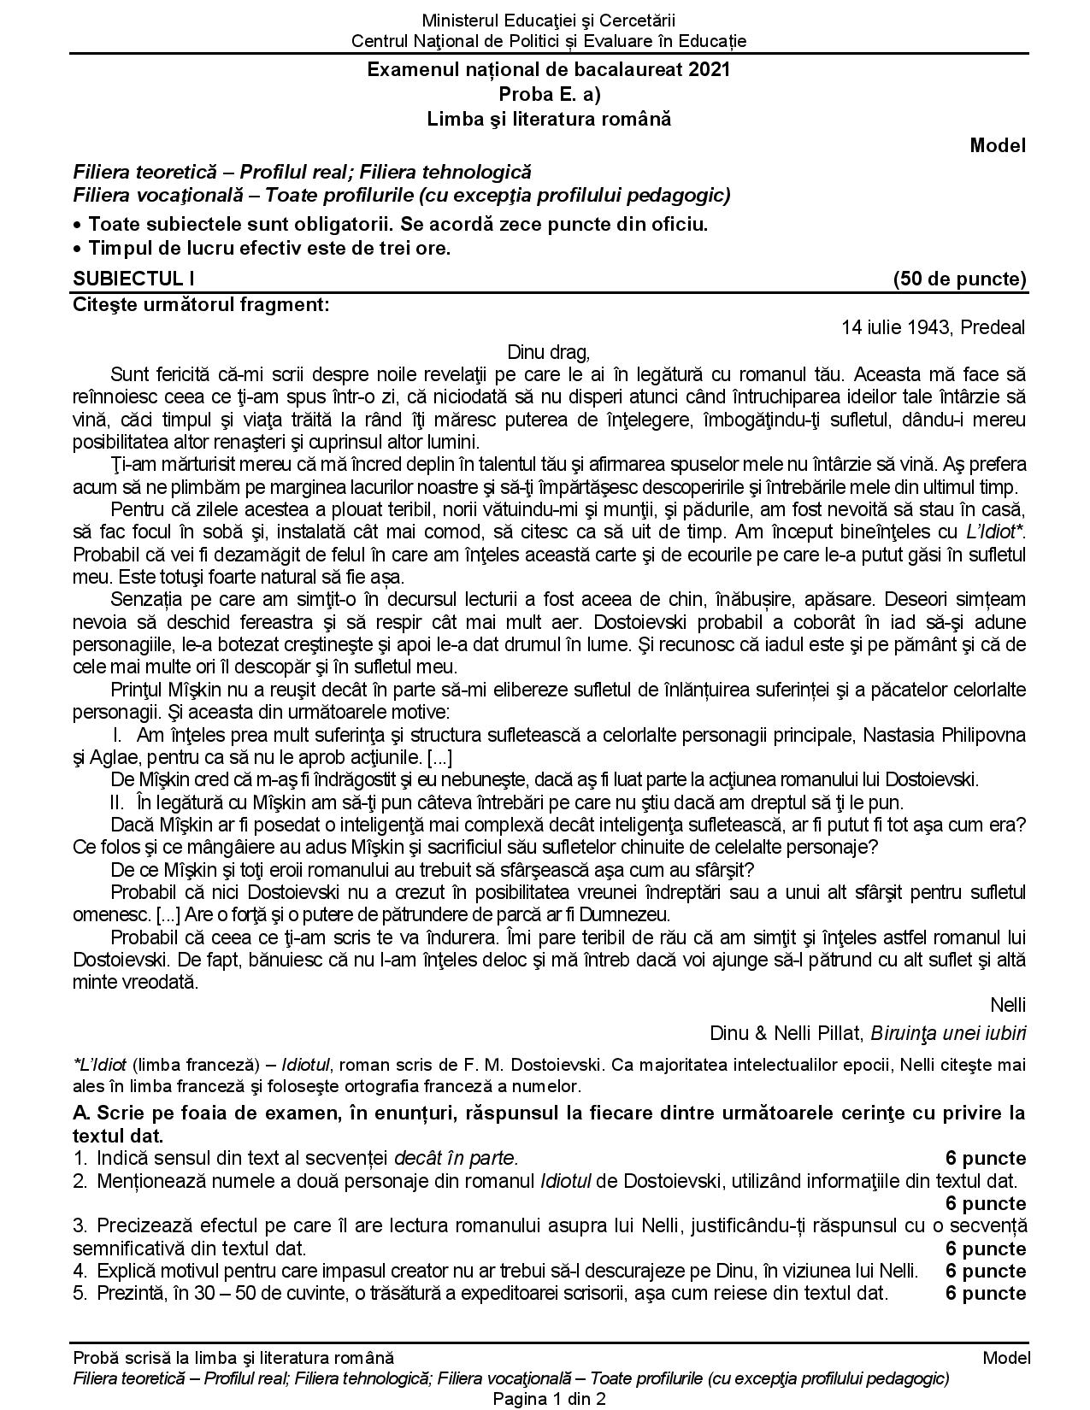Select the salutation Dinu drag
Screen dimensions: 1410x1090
pos(548,351)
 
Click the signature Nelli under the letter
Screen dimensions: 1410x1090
pos(1007,1004)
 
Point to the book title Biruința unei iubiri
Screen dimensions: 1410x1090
pos(948,1033)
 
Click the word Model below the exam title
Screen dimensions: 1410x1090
pos(997,145)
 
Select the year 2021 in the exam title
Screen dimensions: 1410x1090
pos(710,70)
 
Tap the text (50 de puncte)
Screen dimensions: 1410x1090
pos(958,279)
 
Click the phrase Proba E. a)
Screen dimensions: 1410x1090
pos(549,94)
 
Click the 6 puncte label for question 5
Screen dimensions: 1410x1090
pos(985,1293)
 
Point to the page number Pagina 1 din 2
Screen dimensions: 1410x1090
pos(549,1399)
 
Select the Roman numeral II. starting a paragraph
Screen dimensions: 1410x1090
pos(118,802)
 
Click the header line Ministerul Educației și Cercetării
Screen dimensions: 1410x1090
pos(548,21)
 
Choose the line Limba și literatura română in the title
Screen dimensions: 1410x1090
pos(549,119)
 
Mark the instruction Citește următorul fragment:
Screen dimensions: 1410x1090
pos(201,304)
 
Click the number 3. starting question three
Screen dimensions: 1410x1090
pos(80,1226)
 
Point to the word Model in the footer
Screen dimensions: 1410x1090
pos(1006,1358)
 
